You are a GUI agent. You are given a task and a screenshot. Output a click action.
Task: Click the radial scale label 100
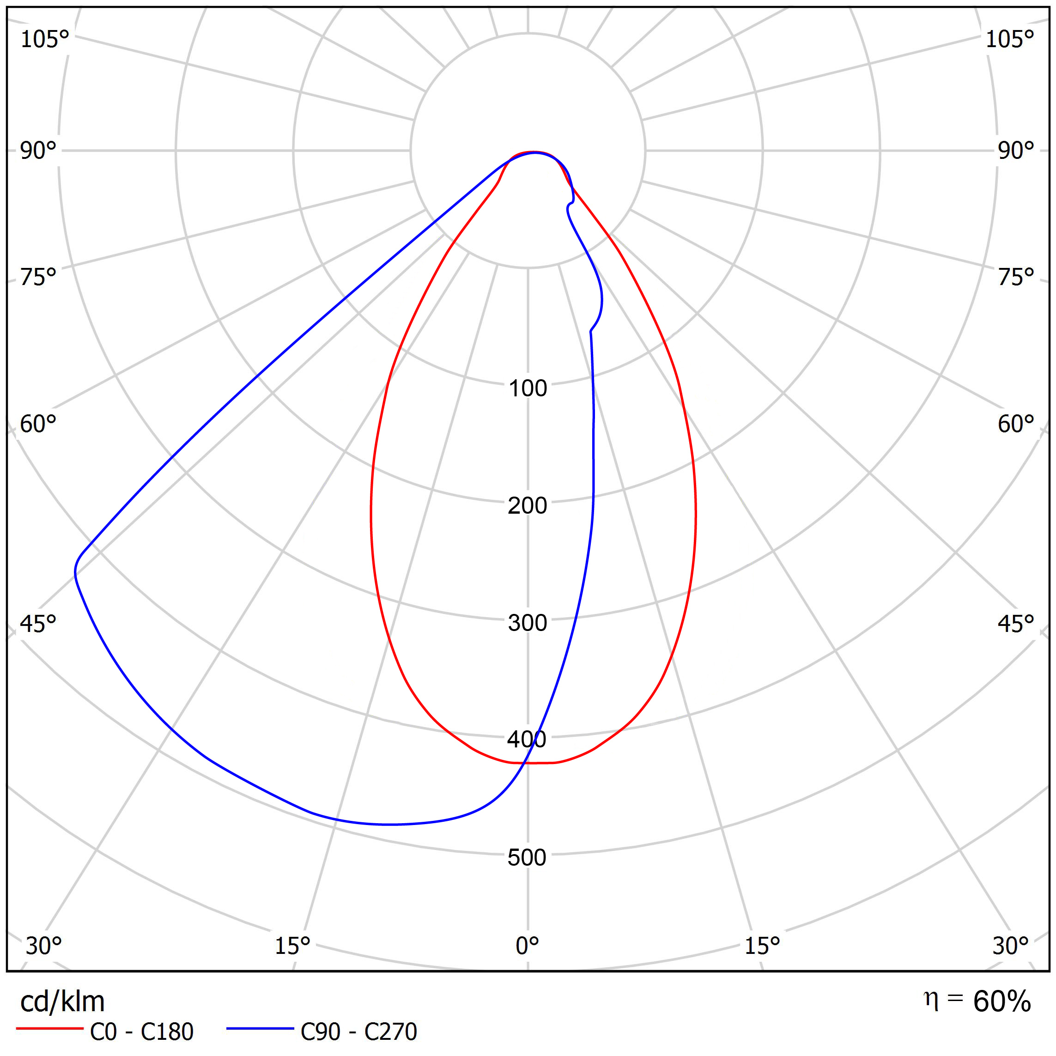pos(528,388)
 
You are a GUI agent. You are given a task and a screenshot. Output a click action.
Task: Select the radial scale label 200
pos(528,506)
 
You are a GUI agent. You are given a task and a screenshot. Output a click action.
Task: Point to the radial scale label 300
pos(528,623)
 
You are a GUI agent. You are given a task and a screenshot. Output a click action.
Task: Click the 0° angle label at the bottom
pos(528,946)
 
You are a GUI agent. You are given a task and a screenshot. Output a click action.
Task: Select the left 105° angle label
pos(45,39)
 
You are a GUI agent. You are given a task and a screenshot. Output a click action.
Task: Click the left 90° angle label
pos(38,151)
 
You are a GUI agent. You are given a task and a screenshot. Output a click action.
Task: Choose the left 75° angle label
pos(38,278)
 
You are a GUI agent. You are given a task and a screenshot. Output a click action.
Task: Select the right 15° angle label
pos(763,946)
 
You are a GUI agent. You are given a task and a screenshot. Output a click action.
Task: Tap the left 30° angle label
pos(44,946)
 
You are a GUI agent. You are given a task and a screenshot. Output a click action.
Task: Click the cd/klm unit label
pos(62,1002)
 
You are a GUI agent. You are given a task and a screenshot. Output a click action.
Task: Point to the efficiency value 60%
pos(1002,1001)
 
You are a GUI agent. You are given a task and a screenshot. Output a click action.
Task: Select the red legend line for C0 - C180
pos(49,1029)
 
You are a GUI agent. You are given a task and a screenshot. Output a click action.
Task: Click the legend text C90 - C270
pos(359,1032)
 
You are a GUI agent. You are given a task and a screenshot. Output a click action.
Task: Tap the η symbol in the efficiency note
pos(930,1000)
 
